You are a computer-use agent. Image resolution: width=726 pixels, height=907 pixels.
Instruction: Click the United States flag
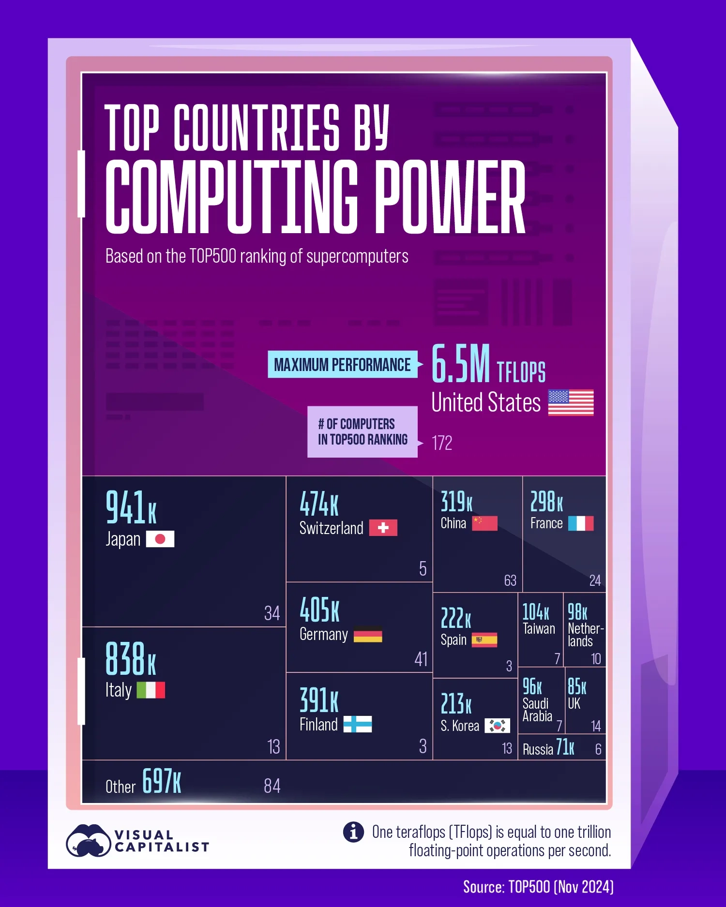pyautogui.click(x=571, y=402)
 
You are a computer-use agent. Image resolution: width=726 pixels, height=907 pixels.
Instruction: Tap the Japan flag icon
pyautogui.click(x=160, y=539)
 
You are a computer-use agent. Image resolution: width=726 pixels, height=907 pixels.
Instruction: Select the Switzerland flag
pyautogui.click(x=383, y=528)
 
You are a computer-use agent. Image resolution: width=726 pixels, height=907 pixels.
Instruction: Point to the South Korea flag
pyautogui.click(x=497, y=725)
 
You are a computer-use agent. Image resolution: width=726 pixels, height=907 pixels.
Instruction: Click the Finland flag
pyautogui.click(x=357, y=724)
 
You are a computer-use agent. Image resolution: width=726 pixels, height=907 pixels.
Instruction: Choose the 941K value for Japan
pyautogui.click(x=131, y=507)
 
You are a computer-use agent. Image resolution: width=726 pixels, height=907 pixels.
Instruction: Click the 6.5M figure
pyautogui.click(x=460, y=364)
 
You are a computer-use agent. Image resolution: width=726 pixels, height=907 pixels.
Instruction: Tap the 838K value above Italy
pyautogui.click(x=131, y=659)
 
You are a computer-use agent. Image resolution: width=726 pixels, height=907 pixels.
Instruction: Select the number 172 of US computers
pyautogui.click(x=442, y=443)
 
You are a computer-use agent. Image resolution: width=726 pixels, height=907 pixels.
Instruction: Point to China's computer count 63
pyautogui.click(x=510, y=580)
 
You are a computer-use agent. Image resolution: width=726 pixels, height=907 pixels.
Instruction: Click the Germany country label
pyautogui.click(x=323, y=635)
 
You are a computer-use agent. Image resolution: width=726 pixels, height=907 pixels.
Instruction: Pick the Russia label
pyautogui.click(x=538, y=749)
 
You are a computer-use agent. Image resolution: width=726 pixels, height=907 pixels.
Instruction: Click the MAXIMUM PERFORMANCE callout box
pyautogui.click(x=342, y=364)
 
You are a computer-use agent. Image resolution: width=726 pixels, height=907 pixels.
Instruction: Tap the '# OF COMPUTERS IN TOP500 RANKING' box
pyautogui.click(x=363, y=432)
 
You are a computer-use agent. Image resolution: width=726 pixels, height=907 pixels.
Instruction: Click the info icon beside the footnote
pyautogui.click(x=353, y=832)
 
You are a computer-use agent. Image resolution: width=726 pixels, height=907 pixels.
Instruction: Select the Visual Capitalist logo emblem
pyautogui.click(x=88, y=840)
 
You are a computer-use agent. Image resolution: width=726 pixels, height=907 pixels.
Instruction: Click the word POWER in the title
pyautogui.click(x=450, y=197)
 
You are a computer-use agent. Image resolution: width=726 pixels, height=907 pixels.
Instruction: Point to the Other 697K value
pyautogui.click(x=162, y=781)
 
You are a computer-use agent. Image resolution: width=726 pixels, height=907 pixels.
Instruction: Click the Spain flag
pyautogui.click(x=484, y=640)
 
